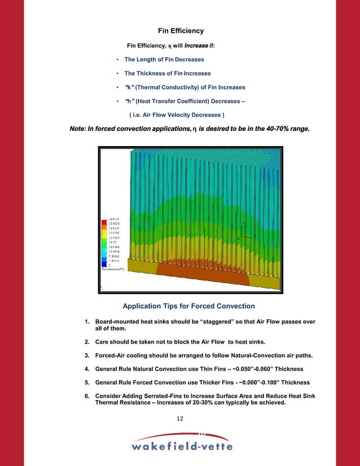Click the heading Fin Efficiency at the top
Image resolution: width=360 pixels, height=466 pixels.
point(179,30)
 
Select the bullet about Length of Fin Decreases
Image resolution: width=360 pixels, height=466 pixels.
point(164,59)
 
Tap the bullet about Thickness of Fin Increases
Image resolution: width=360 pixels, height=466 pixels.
point(167,73)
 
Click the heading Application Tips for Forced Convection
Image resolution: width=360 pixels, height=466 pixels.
point(188,306)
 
